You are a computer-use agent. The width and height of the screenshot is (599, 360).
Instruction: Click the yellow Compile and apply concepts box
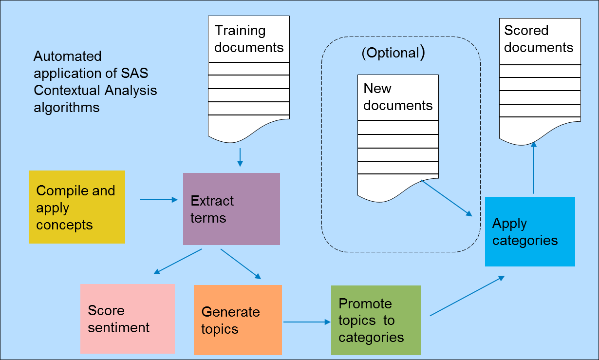(77, 207)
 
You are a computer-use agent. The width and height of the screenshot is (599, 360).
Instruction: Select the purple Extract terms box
(231, 209)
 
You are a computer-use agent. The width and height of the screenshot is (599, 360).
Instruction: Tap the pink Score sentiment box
(128, 319)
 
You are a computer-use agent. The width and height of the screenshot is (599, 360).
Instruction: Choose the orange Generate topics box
(238, 320)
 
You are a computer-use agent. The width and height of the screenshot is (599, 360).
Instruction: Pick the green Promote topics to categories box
(375, 320)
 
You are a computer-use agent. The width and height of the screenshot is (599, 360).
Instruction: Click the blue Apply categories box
(530, 231)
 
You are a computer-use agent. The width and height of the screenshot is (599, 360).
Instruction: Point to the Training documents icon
(249, 78)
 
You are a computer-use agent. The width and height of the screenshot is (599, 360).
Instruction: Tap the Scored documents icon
(540, 80)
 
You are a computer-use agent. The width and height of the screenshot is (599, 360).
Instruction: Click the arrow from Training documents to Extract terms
(240, 157)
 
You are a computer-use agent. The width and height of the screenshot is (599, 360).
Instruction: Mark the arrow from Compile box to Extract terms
(159, 200)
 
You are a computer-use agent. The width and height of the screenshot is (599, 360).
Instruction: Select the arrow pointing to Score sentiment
(177, 262)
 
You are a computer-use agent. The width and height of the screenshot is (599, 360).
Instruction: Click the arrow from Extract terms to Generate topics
(241, 264)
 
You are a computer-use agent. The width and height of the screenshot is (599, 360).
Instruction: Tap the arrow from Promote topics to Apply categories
(467, 296)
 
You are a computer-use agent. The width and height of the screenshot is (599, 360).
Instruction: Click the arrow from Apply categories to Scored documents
(534, 168)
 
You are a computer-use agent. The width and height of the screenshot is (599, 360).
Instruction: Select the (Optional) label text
(393, 53)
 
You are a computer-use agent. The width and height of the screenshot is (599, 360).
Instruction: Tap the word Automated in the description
(68, 57)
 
